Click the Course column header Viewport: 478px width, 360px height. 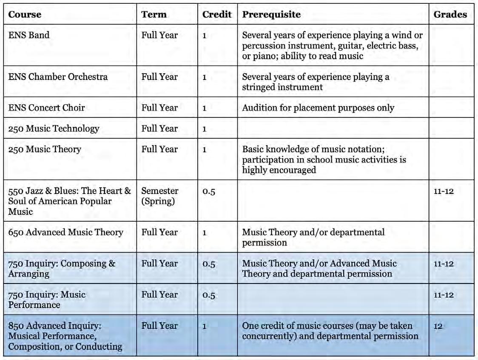coord(25,14)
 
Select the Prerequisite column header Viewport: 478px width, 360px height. coord(271,14)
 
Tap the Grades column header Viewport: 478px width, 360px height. coord(450,14)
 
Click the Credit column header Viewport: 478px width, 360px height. coord(217,14)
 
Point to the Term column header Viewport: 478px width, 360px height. coord(154,14)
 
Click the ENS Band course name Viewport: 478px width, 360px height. coord(29,35)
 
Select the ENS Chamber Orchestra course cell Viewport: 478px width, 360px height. coord(58,77)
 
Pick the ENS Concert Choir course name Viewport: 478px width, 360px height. coord(46,108)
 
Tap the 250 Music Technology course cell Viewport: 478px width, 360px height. coord(54,129)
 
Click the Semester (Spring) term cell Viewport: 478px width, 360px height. coord(159,196)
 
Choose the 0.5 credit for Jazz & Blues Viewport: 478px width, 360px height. coord(209,191)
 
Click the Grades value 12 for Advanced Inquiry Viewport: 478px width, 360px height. coord(438,326)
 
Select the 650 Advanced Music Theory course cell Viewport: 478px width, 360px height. coord(65,232)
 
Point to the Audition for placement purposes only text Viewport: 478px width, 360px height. coord(318,108)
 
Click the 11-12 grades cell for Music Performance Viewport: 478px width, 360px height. coord(444,295)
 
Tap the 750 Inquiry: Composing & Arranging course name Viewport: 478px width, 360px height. coord(62,269)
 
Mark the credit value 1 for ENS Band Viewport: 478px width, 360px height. coord(204,35)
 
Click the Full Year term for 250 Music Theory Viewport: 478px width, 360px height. coord(159,149)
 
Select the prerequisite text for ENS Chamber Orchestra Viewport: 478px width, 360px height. coord(316,82)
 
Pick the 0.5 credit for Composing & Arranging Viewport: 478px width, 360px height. coord(209,264)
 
